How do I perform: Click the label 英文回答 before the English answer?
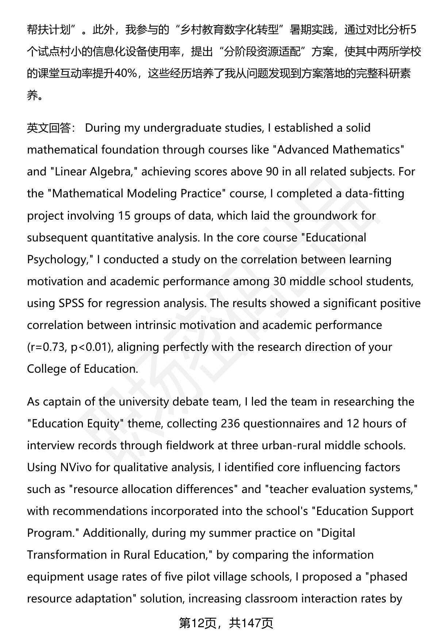pos(49,128)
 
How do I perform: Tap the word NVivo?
pos(76,468)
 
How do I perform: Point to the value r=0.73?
pos(47,347)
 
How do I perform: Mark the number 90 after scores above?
pos(272,172)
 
